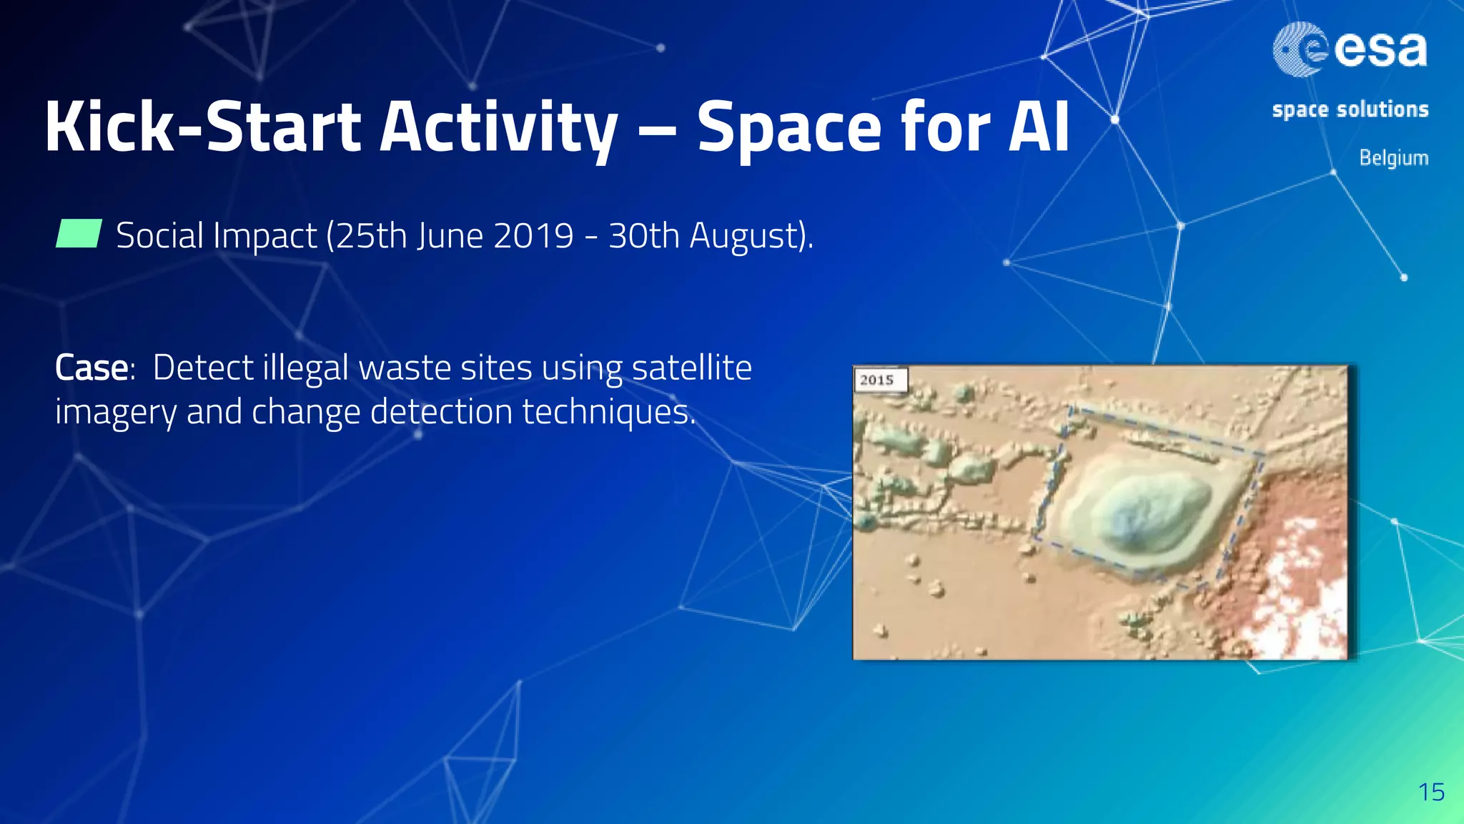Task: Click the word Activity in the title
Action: [498, 127]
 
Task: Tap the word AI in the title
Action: [1038, 127]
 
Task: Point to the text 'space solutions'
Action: [1350, 109]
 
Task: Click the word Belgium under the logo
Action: [1393, 157]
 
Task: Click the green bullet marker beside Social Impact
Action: [79, 234]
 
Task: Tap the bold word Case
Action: [91, 368]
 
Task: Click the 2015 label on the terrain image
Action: [878, 380]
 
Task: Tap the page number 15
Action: [1431, 792]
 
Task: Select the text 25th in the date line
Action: [371, 235]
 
